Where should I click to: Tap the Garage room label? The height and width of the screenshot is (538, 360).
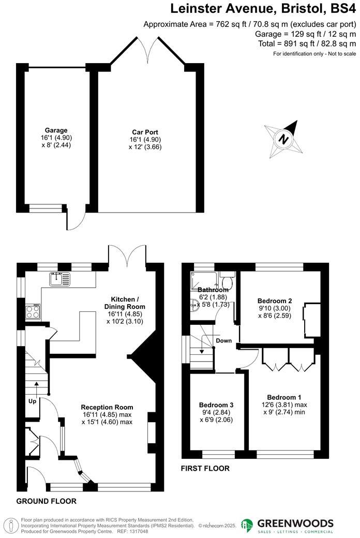click(x=56, y=130)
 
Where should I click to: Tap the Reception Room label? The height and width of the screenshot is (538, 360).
click(x=107, y=407)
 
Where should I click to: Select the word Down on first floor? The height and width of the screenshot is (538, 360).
click(x=224, y=340)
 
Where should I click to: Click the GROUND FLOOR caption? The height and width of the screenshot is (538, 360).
click(x=46, y=501)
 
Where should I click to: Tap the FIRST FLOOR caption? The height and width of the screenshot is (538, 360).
click(x=205, y=469)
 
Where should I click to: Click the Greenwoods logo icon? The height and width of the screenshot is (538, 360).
click(x=247, y=525)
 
